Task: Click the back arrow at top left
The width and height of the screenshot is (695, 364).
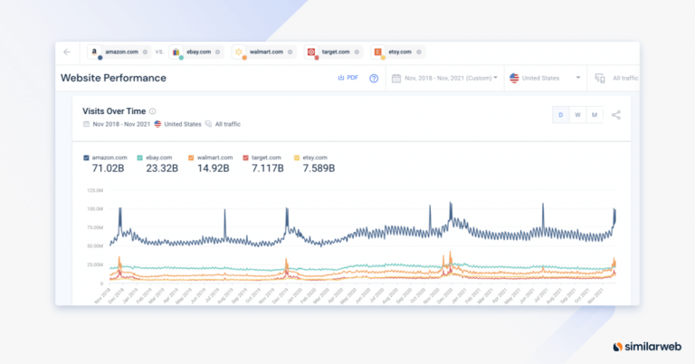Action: pyautogui.click(x=67, y=52)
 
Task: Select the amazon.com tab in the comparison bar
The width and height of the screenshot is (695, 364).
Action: pyautogui.click(x=119, y=52)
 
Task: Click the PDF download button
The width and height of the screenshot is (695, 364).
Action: pyautogui.click(x=347, y=78)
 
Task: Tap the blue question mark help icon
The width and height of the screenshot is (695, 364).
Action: pyautogui.click(x=374, y=78)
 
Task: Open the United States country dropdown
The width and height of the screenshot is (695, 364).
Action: pyautogui.click(x=545, y=78)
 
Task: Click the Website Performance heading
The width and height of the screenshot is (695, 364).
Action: pyautogui.click(x=113, y=78)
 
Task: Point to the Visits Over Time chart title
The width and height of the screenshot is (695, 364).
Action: pyautogui.click(x=114, y=110)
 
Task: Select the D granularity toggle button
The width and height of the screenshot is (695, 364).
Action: pyautogui.click(x=561, y=115)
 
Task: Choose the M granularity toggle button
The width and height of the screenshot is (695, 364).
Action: pyautogui.click(x=594, y=115)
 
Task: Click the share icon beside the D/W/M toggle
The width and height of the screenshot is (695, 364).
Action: pyautogui.click(x=616, y=115)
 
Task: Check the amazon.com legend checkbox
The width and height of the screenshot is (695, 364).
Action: pyautogui.click(x=86, y=158)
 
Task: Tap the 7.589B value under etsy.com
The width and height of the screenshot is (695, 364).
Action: pyautogui.click(x=317, y=168)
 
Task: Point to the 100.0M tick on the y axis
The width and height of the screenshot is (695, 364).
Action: pyautogui.click(x=93, y=208)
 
